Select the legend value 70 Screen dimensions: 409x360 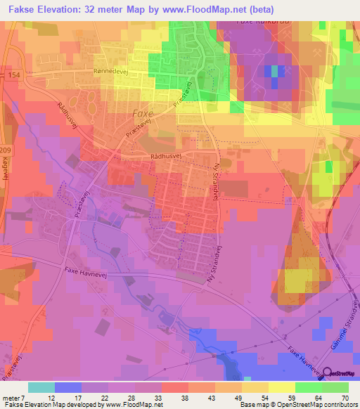pyautogui.click(x=344, y=398)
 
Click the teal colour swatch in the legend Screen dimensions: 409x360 pyautogui.click(x=41, y=387)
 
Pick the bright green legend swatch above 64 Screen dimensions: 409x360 pyautogui.click(x=308, y=387)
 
